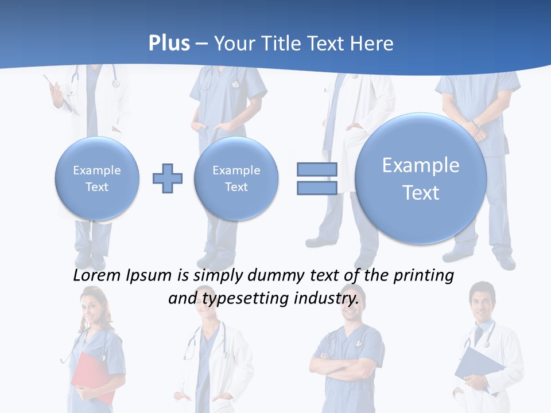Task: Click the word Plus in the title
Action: (169, 44)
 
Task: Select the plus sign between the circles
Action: (168, 178)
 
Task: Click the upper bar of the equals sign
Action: (316, 169)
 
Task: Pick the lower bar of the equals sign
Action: (316, 188)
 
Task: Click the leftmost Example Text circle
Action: (97, 178)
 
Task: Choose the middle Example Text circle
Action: (236, 178)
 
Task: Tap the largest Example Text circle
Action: (421, 178)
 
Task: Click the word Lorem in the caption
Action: (98, 275)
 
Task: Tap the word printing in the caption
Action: (423, 275)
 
